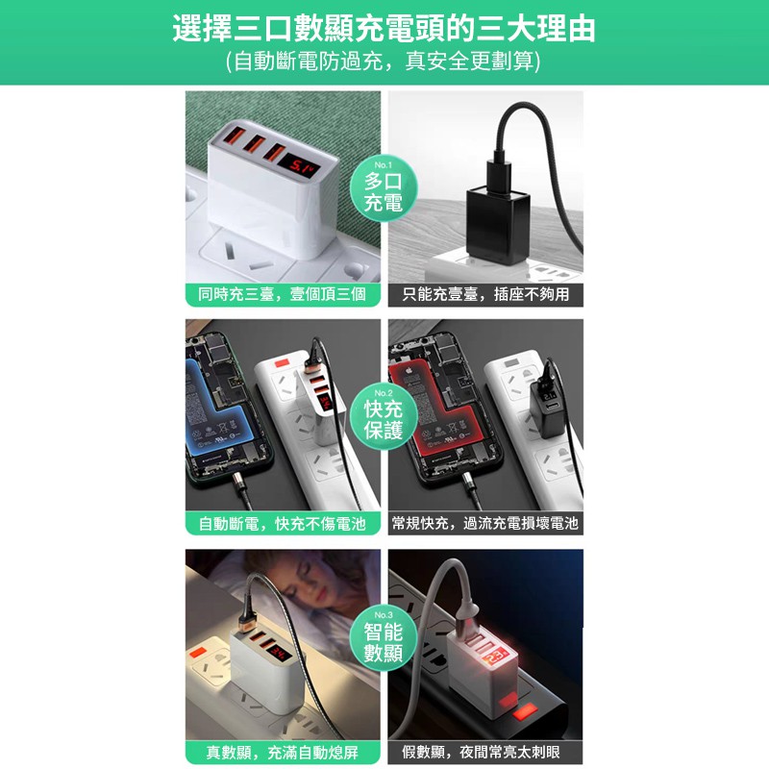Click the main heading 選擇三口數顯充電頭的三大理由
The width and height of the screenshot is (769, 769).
[384, 29]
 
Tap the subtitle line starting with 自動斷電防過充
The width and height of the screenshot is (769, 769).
[383, 62]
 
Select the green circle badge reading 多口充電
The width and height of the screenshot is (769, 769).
[384, 188]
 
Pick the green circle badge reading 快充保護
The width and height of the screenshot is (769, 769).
[384, 416]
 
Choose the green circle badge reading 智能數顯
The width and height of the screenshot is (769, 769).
[384, 638]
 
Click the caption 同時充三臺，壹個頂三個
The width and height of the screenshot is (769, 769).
[283, 294]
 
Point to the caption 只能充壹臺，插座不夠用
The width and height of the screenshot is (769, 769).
[485, 294]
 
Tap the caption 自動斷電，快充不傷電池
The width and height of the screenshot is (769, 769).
[283, 524]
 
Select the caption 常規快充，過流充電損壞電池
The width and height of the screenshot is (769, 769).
[485, 523]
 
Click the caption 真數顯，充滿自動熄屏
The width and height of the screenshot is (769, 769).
[283, 753]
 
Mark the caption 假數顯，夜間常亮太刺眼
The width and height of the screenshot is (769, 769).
[482, 753]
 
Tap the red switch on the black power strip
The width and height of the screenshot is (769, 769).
[525, 710]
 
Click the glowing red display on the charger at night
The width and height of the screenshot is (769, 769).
[495, 658]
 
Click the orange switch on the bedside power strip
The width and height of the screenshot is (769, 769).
[198, 654]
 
